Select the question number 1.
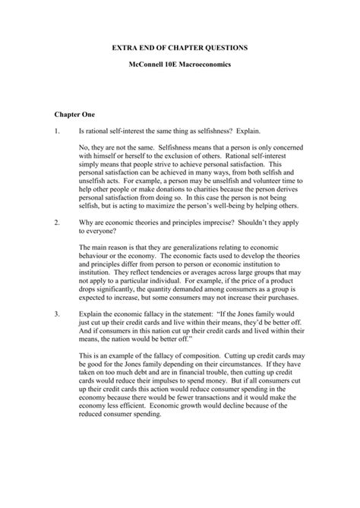click(x=57, y=130)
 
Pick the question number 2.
click(x=57, y=221)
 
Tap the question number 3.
click(x=57, y=312)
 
